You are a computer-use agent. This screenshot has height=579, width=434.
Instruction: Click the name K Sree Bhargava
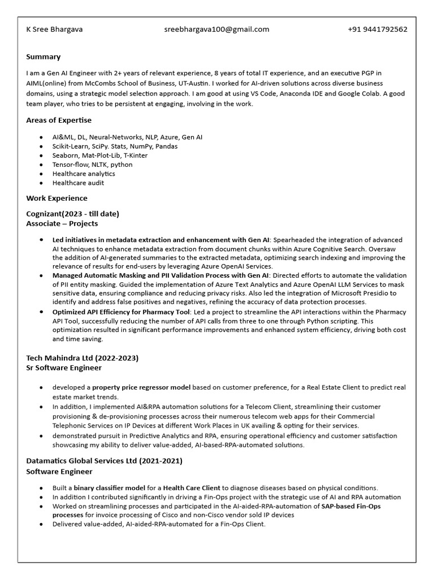tap(54, 29)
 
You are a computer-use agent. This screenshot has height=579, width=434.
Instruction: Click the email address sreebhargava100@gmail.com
tap(217, 29)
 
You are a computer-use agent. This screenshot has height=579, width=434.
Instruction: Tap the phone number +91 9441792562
tap(377, 29)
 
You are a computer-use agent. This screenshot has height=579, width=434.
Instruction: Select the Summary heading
tap(44, 57)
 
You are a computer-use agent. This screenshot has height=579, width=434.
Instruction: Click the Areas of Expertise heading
tap(59, 120)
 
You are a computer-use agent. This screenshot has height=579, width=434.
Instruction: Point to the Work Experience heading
tap(57, 198)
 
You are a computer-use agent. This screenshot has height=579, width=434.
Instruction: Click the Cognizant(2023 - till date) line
tap(73, 213)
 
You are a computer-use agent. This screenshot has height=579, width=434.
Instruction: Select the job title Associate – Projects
tap(62, 223)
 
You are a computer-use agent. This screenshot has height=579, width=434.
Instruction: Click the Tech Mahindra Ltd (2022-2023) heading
tap(83, 358)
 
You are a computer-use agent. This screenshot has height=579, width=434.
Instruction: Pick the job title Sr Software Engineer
tap(64, 368)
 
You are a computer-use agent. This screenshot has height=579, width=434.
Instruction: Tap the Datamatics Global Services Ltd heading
tap(105, 461)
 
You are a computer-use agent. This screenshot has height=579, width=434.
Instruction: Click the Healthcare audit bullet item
tap(79, 183)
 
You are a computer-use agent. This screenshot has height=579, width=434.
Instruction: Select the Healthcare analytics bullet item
tap(84, 174)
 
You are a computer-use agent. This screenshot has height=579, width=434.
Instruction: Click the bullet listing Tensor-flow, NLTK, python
tap(93, 165)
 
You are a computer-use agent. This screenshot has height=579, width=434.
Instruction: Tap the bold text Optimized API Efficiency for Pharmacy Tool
tap(121, 312)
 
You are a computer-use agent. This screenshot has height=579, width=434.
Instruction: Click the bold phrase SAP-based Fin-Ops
tap(351, 506)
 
